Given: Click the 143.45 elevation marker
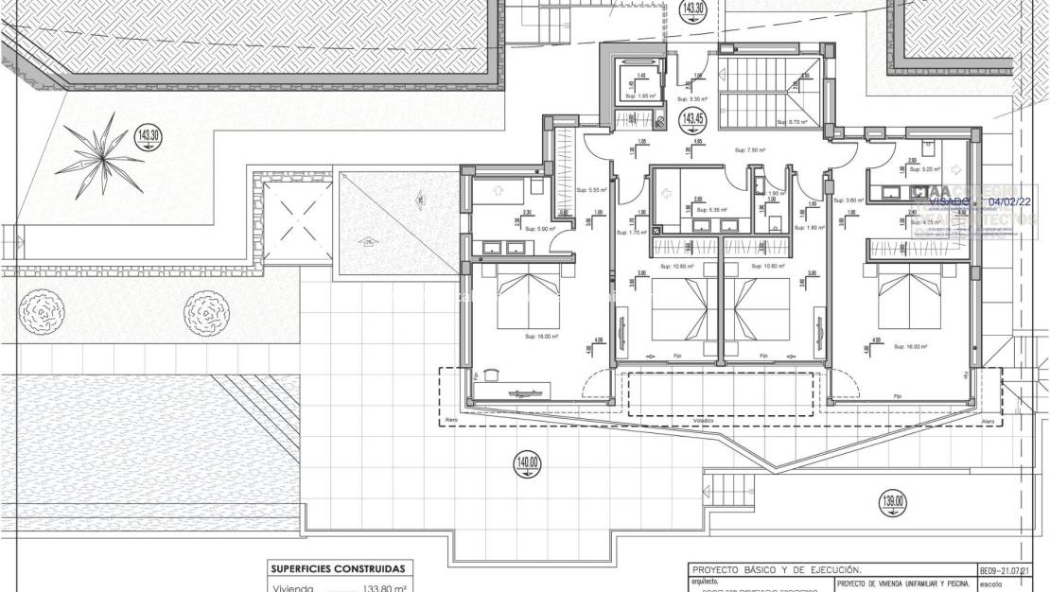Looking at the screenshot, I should tap(693, 119).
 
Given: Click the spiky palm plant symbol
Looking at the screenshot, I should tap(97, 153).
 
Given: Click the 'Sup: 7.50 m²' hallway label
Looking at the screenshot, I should tap(750, 149).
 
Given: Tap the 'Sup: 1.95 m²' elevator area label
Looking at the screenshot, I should tap(640, 96).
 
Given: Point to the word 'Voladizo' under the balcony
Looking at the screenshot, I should tap(703, 419).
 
